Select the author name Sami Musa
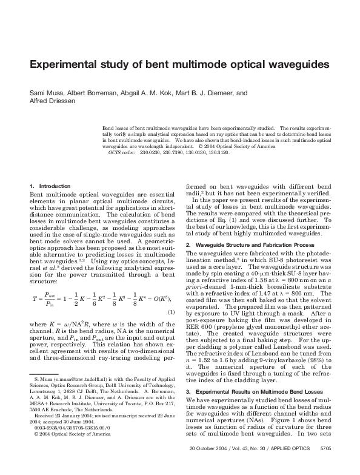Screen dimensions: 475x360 44,93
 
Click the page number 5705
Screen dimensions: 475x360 325,465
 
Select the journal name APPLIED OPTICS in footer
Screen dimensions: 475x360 290,465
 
